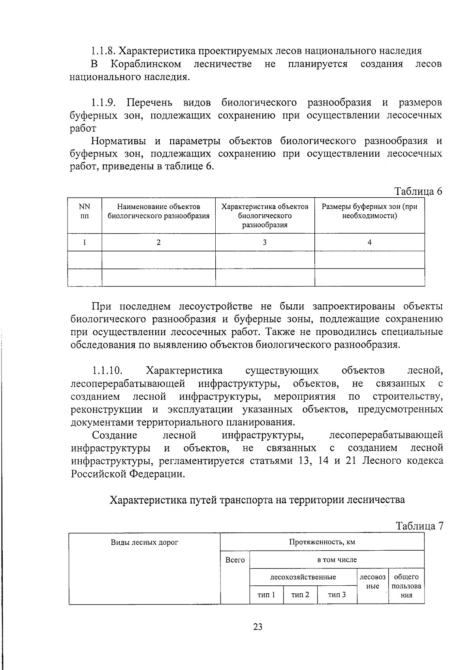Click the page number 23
258,627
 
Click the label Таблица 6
418,191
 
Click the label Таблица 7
419,526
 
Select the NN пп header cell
85,211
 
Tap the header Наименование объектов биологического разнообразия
158,211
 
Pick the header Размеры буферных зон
369,211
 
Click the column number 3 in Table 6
265,242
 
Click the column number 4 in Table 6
369,242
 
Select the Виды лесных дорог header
145,542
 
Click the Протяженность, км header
322,542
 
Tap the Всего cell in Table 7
235,560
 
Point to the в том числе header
337,560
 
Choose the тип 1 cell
266,595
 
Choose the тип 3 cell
337,595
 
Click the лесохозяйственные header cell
303,577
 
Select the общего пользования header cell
406,586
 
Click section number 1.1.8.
103,51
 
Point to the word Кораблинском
146,64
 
